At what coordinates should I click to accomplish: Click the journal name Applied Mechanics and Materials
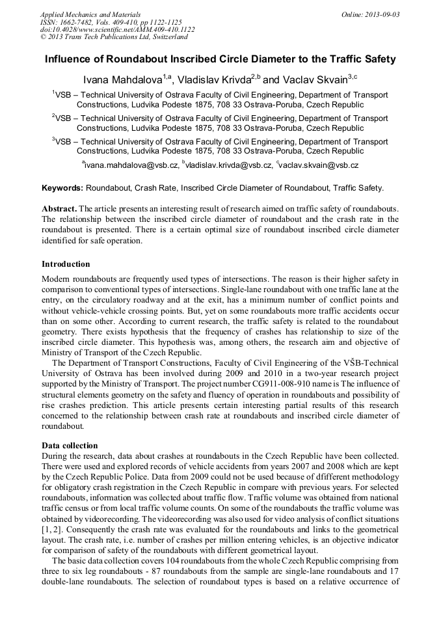click(90, 14)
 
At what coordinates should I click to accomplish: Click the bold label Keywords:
click(62, 188)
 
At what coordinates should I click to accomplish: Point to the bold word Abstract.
click(59, 208)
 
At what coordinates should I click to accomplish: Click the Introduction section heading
click(66, 264)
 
